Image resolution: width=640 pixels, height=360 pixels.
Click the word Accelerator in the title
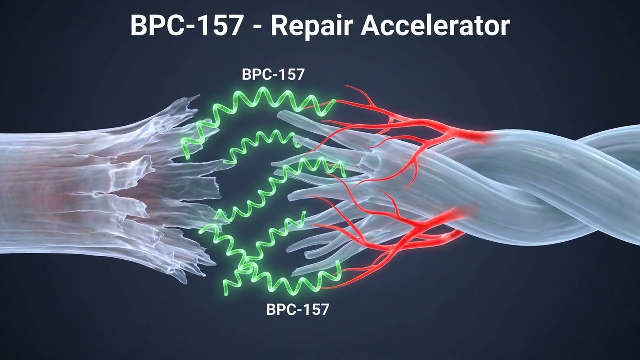435,25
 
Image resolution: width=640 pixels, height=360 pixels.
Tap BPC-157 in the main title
187,25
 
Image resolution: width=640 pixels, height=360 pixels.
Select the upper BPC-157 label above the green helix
273,74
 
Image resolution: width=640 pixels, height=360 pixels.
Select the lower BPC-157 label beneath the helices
298,309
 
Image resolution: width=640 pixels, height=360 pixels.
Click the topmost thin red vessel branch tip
345,85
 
